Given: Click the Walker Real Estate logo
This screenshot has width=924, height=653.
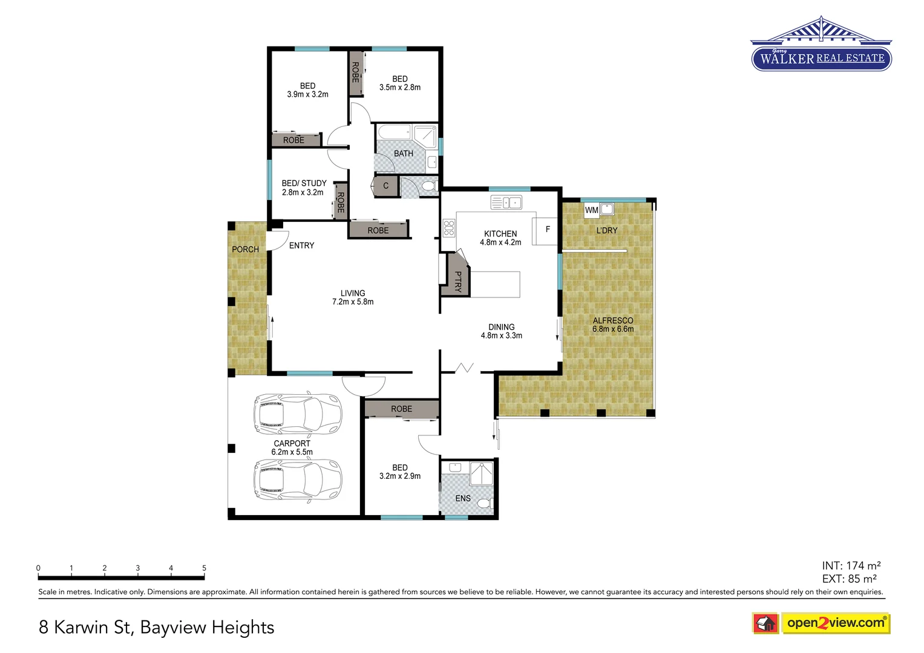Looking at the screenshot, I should pyautogui.click(x=821, y=45).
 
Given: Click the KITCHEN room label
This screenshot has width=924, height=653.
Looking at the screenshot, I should pyautogui.click(x=500, y=233).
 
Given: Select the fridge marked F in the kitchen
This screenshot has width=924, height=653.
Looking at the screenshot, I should pyautogui.click(x=546, y=230).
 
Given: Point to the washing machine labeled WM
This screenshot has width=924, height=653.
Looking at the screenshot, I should pyautogui.click(x=591, y=210).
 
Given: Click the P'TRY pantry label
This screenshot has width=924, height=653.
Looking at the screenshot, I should pyautogui.click(x=458, y=282).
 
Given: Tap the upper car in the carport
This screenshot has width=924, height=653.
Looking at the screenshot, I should pyautogui.click(x=297, y=414).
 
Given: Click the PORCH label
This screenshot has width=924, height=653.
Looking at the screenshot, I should pyautogui.click(x=245, y=249).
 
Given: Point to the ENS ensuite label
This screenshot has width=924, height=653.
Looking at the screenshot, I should pyautogui.click(x=463, y=498).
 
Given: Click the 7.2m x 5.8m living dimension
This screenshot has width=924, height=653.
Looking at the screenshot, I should pyautogui.click(x=353, y=302).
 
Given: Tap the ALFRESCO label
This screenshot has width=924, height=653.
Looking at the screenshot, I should pyautogui.click(x=613, y=320).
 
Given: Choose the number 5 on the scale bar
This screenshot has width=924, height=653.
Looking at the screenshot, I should pyautogui.click(x=204, y=568).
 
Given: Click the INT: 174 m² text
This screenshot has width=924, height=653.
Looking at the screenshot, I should pyautogui.click(x=851, y=565).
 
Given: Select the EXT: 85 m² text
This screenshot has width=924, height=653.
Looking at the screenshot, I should pyautogui.click(x=849, y=579).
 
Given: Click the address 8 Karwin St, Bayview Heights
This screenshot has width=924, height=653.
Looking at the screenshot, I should pyautogui.click(x=156, y=627).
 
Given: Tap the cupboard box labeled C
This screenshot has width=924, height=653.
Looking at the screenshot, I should pyautogui.click(x=386, y=186).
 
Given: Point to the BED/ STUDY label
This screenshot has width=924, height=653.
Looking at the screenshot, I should pyautogui.click(x=304, y=183).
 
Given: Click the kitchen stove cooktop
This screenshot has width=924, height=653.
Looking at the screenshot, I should pyautogui.click(x=449, y=228).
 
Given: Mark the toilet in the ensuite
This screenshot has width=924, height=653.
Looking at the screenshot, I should pyautogui.click(x=484, y=503).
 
